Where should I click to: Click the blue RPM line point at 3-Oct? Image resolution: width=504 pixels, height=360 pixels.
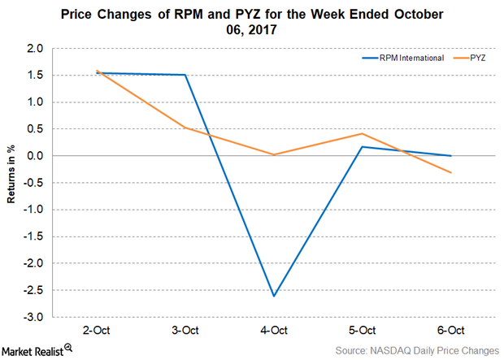[x=185, y=75]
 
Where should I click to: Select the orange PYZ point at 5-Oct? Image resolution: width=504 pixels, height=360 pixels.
[x=363, y=134]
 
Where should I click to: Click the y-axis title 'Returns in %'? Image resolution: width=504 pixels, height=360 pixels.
[x=12, y=184]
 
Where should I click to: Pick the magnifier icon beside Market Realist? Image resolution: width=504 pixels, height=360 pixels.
[x=68, y=347]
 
